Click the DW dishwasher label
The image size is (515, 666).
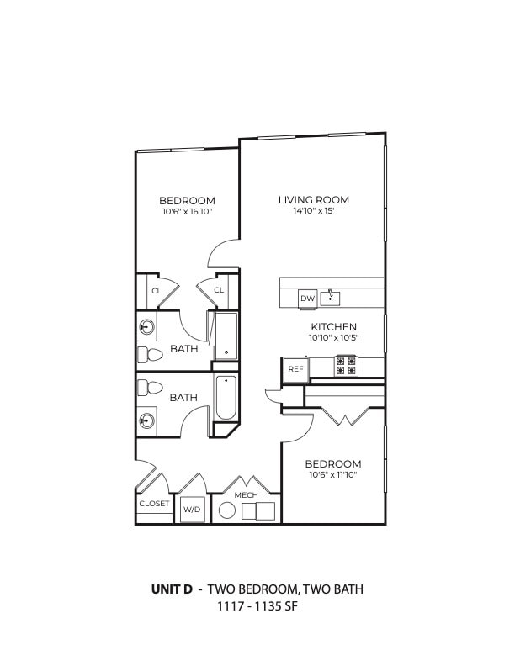click(307, 298)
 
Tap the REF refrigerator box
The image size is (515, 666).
click(295, 368)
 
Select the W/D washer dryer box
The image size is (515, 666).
click(193, 510)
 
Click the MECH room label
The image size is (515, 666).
click(246, 495)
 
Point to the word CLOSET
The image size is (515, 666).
click(154, 504)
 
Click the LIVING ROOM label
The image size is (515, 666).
click(314, 200)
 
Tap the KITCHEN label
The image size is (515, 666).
click(334, 326)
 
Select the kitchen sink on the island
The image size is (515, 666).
click(333, 296)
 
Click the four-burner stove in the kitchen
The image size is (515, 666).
click(347, 366)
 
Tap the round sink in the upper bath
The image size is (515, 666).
click(147, 327)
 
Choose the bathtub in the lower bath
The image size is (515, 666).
click(226, 398)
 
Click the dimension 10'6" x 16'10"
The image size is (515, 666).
click(187, 213)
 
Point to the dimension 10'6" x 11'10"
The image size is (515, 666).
click(332, 475)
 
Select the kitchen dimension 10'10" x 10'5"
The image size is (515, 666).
click(334, 338)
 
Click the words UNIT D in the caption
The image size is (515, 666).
click(172, 589)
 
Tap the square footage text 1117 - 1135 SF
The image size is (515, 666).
click(257, 606)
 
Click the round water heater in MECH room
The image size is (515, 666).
click(227, 510)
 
